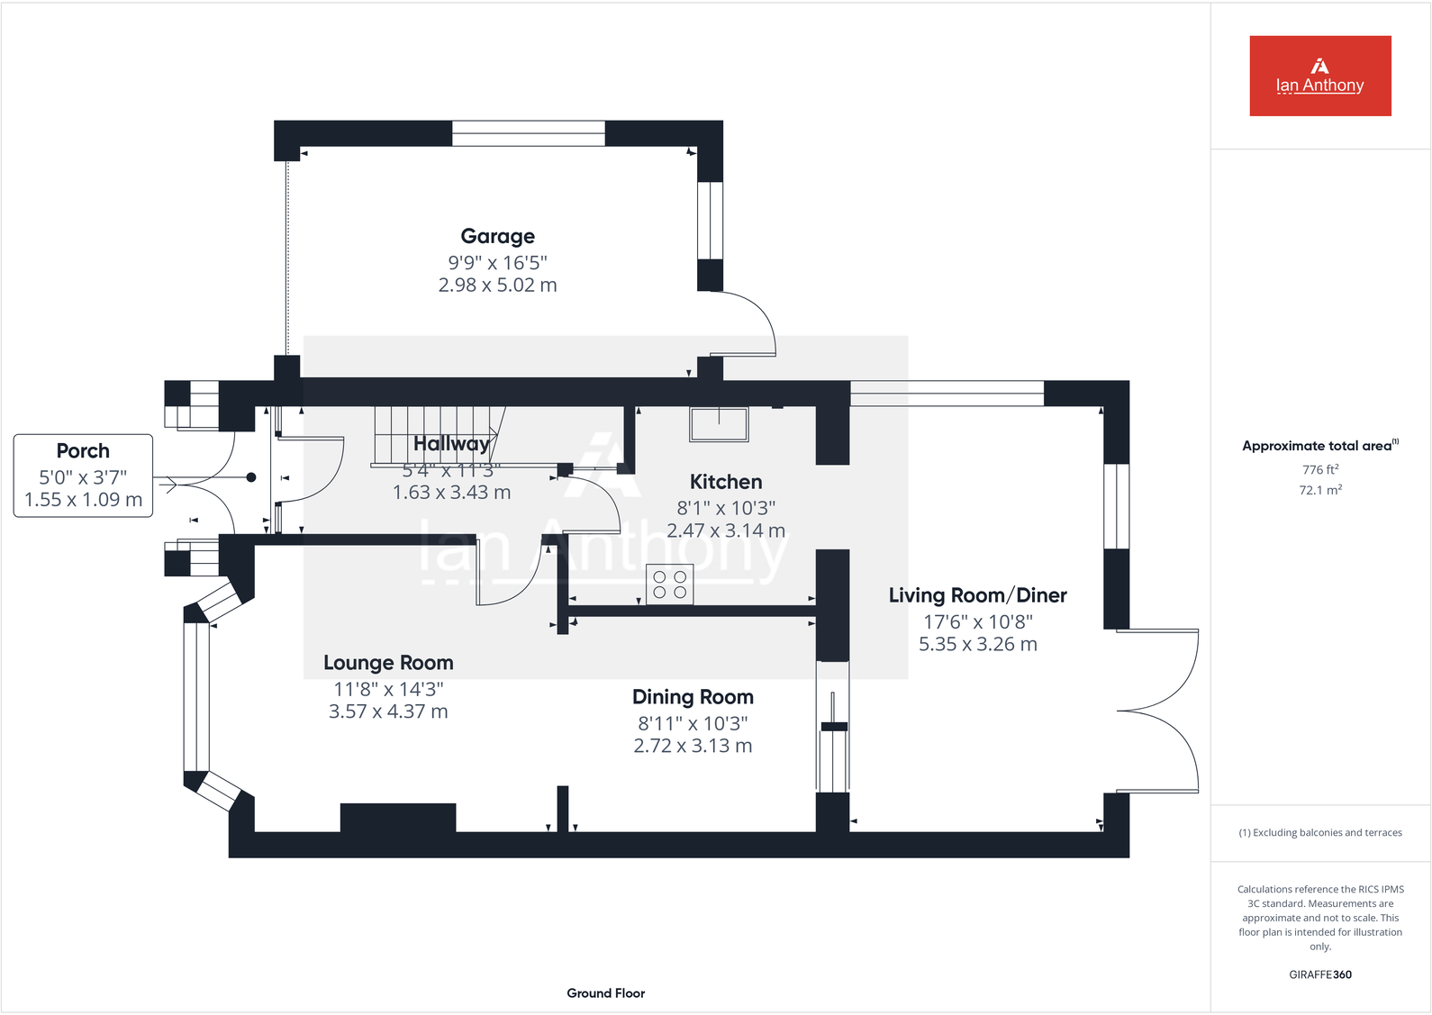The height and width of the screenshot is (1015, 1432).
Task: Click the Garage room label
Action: pos(497,236)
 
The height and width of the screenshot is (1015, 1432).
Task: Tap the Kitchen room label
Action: pos(726,482)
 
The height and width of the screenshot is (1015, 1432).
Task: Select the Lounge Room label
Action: pos(388,663)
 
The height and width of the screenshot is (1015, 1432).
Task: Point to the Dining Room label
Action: pos(693,697)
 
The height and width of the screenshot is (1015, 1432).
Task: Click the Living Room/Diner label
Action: pos(977,595)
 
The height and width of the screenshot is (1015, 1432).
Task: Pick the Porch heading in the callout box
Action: pos(83,451)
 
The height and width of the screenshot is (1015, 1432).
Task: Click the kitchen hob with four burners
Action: pos(669,583)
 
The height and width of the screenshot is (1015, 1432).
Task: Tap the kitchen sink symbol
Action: pos(719,423)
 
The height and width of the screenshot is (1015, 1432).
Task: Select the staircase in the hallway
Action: pos(436,435)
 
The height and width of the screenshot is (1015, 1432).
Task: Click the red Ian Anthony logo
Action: pos(1319,76)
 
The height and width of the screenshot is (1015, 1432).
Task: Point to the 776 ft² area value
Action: pos(1319,469)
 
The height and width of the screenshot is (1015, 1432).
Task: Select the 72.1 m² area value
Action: pos(1319,490)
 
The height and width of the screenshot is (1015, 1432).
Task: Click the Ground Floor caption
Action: pos(605,993)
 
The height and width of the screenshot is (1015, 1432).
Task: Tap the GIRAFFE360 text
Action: pos(1319,974)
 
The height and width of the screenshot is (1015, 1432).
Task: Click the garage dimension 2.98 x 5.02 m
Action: pos(497,285)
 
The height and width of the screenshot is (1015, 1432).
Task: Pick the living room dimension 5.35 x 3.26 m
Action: pos(977,645)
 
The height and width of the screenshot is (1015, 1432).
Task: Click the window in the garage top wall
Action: pos(528,133)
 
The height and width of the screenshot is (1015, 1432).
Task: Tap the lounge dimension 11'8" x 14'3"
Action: pos(388,689)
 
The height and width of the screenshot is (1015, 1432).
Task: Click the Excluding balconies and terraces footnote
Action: pos(1319,833)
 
